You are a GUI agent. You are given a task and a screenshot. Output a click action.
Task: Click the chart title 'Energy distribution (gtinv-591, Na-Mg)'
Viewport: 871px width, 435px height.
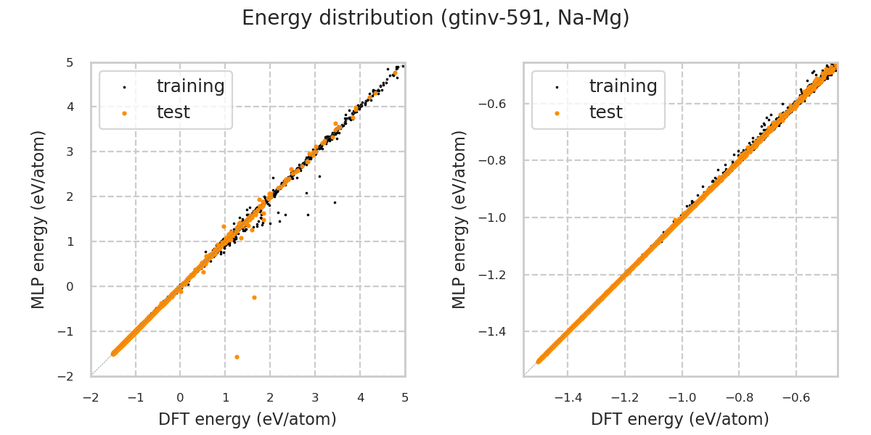pos(435,18)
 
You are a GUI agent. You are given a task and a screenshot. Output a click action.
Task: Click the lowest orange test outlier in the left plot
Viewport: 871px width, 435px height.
pos(237,357)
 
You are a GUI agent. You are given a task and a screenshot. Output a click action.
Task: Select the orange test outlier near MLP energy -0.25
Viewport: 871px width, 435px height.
pos(254,297)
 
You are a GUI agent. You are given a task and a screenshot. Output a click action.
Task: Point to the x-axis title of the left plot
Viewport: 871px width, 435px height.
pos(248,419)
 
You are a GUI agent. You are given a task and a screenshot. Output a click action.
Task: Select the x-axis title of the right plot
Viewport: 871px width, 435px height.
pos(680,419)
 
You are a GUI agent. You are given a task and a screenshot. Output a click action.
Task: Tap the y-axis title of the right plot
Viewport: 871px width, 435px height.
pos(460,219)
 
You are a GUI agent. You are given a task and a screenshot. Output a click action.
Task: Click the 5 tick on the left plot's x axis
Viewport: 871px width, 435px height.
pos(405,397)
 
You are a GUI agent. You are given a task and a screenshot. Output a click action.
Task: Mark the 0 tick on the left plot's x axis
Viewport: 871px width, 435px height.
pos(181,397)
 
